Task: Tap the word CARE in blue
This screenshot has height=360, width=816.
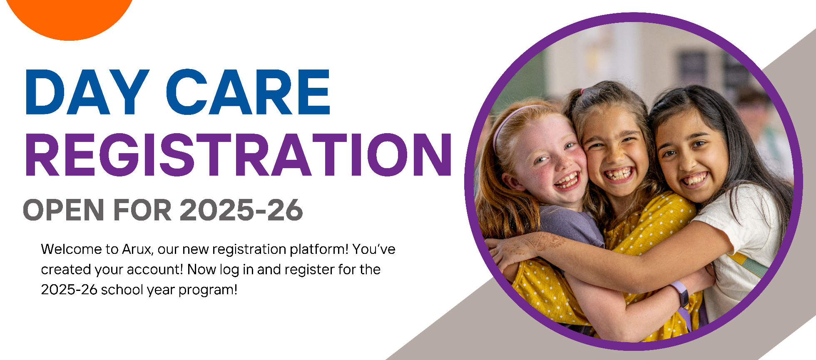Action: pos(249,92)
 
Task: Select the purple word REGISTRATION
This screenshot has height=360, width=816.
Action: pos(239,155)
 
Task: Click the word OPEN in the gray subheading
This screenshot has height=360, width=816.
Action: pos(63,210)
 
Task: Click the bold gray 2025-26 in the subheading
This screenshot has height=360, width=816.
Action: pos(241,210)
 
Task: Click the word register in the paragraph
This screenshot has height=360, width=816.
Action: pos(310,270)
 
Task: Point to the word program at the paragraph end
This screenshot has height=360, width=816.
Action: pos(208,290)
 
